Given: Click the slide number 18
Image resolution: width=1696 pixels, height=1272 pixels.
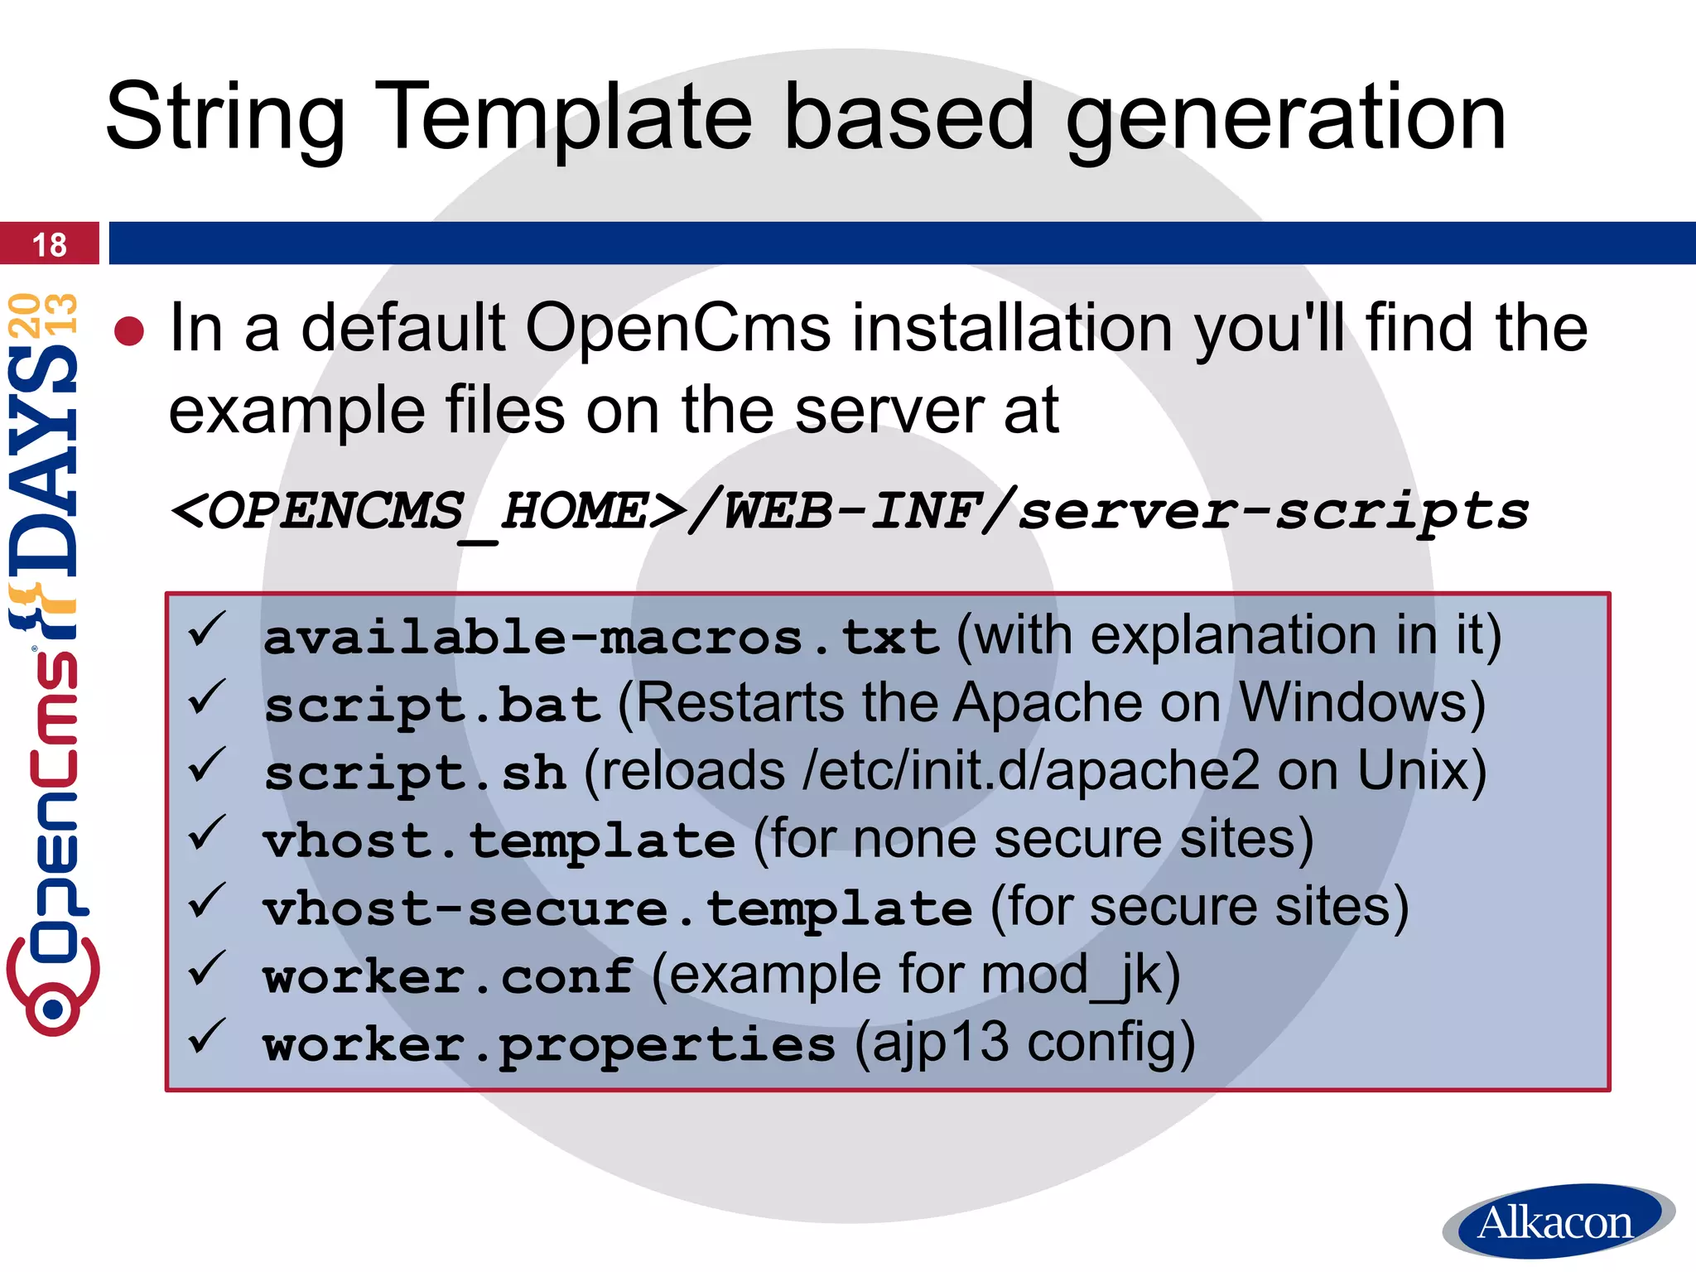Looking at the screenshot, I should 49,245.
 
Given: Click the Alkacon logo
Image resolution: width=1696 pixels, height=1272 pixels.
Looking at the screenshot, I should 1557,1222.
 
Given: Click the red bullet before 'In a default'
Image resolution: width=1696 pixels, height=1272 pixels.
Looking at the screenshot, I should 130,331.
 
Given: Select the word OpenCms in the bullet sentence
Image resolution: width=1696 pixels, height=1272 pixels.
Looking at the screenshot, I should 677,328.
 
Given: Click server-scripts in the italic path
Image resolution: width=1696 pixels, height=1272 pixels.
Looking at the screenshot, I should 1273,511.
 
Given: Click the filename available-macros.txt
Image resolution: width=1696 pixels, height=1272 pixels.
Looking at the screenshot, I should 600,638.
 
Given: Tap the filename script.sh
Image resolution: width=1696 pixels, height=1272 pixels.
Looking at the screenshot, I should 414,773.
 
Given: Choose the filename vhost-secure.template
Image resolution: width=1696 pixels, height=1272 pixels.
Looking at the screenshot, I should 617,909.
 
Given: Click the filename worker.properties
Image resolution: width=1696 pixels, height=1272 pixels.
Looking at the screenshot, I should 549,1045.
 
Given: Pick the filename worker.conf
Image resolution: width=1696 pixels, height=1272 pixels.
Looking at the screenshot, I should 448,977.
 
